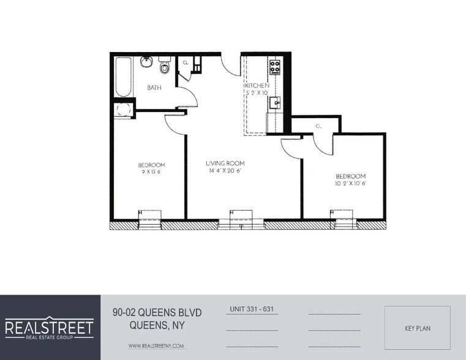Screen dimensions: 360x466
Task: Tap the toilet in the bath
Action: (164, 64)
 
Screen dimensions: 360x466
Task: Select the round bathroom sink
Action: (146, 62)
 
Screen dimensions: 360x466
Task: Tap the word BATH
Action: (154, 88)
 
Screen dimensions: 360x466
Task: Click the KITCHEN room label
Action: (257, 86)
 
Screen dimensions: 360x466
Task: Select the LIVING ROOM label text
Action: (225, 163)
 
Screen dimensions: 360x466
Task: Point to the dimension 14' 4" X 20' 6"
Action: (225, 171)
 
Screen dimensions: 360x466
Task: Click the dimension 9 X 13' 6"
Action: (151, 173)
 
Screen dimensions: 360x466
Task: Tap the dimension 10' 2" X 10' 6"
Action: (350, 184)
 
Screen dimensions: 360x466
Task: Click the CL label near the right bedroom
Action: (318, 126)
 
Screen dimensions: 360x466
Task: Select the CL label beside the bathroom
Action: (186, 62)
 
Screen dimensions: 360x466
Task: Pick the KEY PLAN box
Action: (417, 328)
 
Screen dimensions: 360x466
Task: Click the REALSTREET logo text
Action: (50, 326)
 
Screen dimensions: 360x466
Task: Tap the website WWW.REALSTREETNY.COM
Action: (156, 346)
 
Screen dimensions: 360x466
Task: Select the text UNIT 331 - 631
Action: (252, 309)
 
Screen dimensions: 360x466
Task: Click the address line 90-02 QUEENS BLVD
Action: (157, 313)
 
